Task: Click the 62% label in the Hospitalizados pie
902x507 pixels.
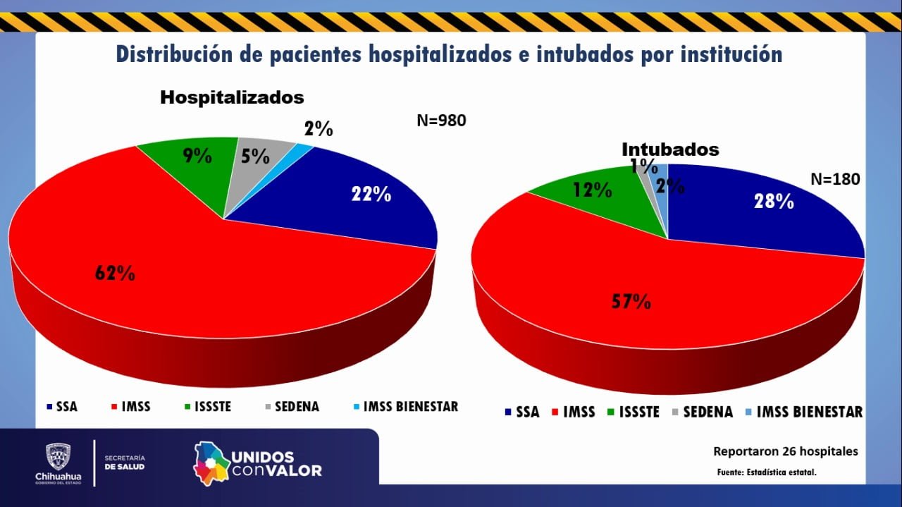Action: pyautogui.click(x=116, y=273)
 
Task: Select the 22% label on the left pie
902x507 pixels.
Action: pyautogui.click(x=371, y=194)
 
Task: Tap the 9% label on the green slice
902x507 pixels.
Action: pyautogui.click(x=197, y=156)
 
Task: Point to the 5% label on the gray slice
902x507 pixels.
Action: pyautogui.click(x=255, y=156)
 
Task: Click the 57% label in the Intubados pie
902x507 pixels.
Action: pyautogui.click(x=631, y=302)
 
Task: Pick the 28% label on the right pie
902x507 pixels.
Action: pyautogui.click(x=774, y=201)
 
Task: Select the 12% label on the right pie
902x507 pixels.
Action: pyautogui.click(x=592, y=189)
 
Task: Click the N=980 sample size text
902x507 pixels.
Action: pyautogui.click(x=441, y=121)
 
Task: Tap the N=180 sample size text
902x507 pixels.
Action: pyautogui.click(x=835, y=179)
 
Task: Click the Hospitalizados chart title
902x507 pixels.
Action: pyautogui.click(x=232, y=97)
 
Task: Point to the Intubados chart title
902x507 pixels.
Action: pyautogui.click(x=670, y=149)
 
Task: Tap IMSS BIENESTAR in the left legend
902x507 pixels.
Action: pyautogui.click(x=410, y=407)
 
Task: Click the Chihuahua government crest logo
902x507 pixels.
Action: pyautogui.click(x=58, y=458)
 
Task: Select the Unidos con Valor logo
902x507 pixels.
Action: pyautogui.click(x=258, y=464)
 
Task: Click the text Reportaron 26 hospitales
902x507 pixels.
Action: pyautogui.click(x=786, y=451)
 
